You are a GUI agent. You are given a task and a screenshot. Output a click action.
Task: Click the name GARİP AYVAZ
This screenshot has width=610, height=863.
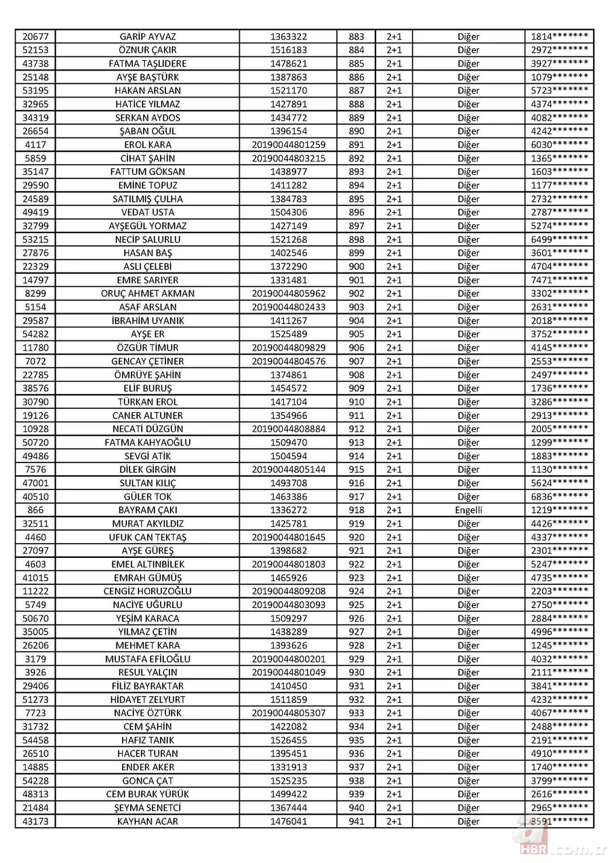coord(147,37)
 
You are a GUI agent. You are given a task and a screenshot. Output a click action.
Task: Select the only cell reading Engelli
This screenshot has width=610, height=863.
coord(468,510)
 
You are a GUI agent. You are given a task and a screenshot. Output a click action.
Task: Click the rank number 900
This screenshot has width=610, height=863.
coord(356,266)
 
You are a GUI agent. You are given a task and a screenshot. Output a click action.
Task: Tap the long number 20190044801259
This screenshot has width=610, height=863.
coord(288,144)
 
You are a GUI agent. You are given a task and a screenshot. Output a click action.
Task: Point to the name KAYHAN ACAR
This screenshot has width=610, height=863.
coord(147,821)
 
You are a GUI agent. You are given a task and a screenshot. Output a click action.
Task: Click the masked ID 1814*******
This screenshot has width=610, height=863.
coord(559,37)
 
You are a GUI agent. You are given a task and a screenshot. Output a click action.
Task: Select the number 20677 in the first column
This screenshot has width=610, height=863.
coord(35,37)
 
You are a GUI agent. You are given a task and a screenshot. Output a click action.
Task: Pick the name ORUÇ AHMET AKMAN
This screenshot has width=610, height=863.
coord(147,294)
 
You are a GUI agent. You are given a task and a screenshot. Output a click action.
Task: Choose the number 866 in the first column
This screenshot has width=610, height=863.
coord(35,510)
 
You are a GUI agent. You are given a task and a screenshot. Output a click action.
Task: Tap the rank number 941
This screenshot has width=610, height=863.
coord(356,821)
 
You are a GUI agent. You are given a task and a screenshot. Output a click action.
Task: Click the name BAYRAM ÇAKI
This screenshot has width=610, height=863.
coord(147,510)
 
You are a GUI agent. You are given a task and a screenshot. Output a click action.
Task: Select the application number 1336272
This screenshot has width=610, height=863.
coord(288,510)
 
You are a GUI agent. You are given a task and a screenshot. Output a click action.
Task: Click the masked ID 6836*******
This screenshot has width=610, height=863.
coord(559,496)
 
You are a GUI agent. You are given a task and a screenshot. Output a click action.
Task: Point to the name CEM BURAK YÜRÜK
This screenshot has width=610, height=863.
coord(147,794)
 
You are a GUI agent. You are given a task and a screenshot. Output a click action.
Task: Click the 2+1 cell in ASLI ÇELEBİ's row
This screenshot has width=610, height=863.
coord(394,266)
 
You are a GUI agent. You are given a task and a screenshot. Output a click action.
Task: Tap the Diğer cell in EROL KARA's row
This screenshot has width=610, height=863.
coord(468,144)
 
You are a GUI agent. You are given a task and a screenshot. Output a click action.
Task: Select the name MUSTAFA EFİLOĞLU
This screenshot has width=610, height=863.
coord(147,659)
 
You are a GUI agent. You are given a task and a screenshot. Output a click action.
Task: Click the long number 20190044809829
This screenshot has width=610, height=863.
coord(288,348)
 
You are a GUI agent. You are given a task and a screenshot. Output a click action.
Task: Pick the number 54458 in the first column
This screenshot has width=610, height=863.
coord(35,740)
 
